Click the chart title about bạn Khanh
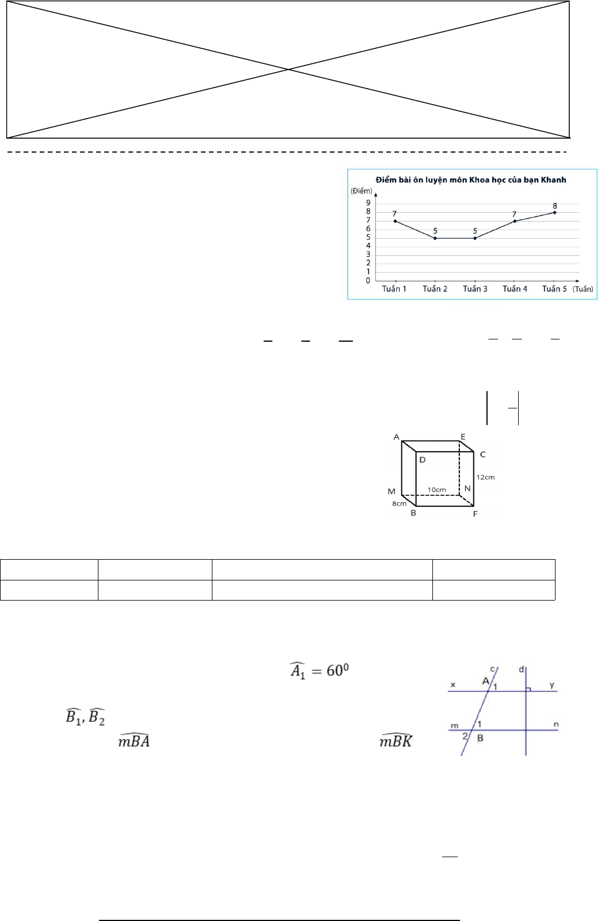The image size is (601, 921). pos(470,179)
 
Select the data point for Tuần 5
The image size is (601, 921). pos(554,213)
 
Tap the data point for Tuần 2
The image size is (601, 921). pos(435,238)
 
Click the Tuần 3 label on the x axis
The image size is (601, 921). pos(475,289)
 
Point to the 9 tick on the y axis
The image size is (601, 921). pos(368,202)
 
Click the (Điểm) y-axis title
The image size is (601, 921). pos(361,191)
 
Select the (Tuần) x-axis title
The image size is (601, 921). pos(583,289)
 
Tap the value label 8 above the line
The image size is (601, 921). pos(554,206)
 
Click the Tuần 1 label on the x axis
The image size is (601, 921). pos(394,289)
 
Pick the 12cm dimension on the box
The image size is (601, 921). pos(485,477)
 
